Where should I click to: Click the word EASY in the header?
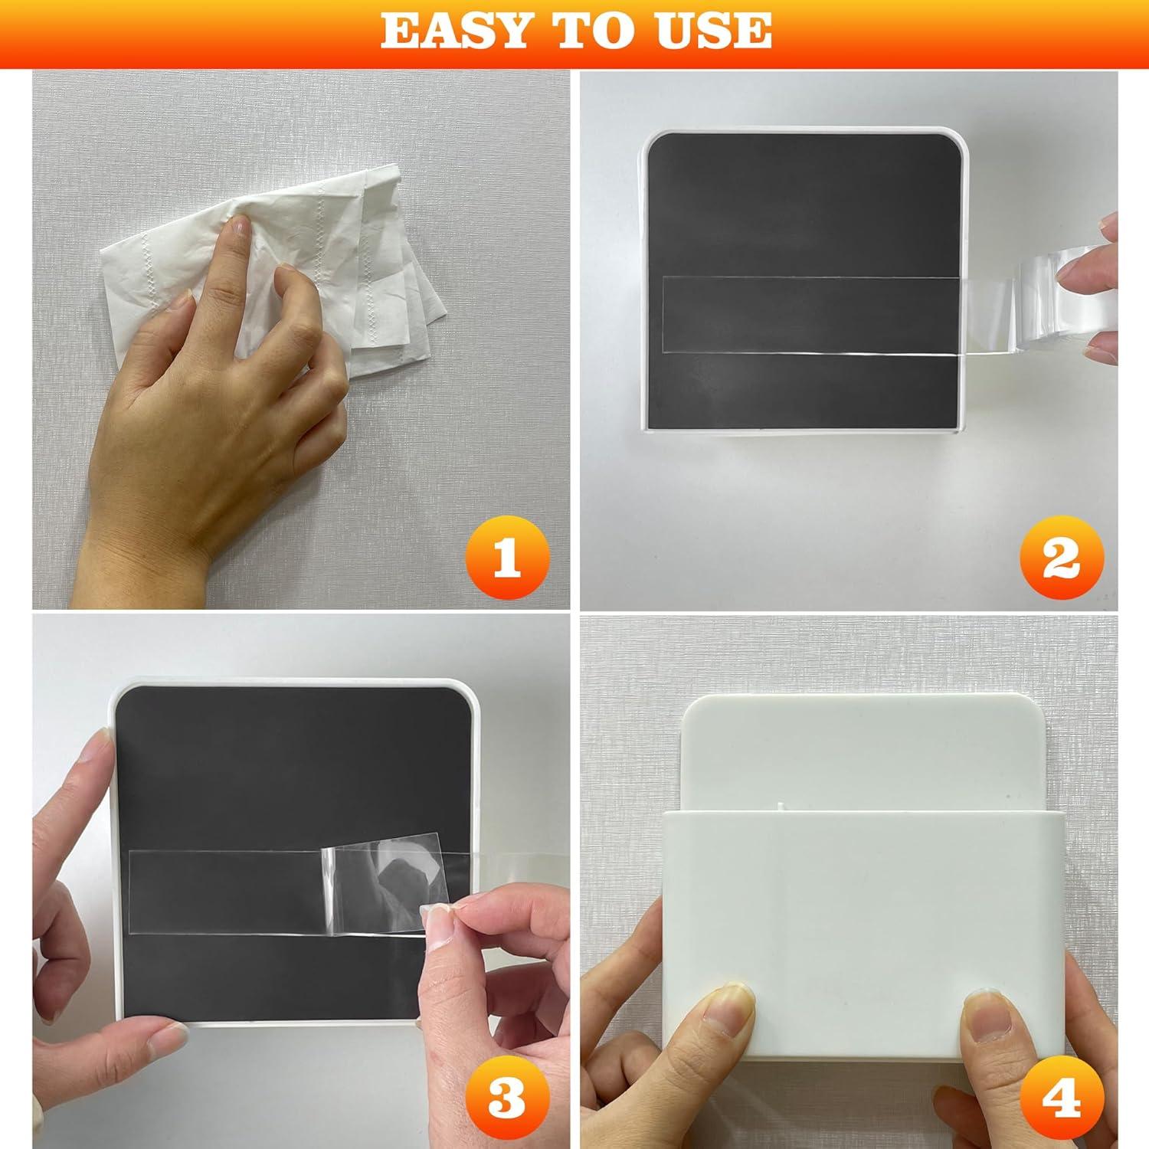[x=452, y=30]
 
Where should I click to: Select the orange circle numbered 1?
[x=506, y=561]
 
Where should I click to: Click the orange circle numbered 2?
[x=1061, y=561]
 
